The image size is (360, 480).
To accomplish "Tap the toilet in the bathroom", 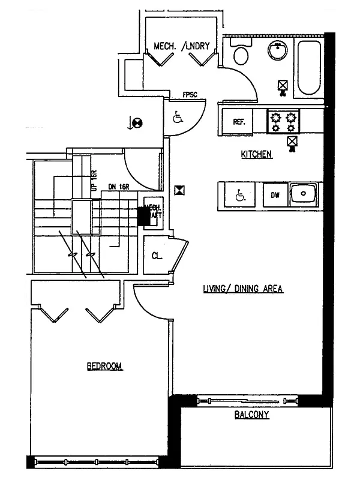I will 241,55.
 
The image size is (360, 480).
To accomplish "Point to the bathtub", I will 310,67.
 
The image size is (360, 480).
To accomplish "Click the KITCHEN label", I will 257,155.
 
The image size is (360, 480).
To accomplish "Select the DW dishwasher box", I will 275,195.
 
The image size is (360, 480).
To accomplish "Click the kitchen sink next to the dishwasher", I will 304,194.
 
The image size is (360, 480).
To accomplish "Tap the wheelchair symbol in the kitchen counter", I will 240,195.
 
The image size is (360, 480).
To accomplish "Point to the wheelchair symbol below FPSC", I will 178,117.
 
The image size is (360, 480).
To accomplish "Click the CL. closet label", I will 157,256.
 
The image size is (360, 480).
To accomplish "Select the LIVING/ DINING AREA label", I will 242,289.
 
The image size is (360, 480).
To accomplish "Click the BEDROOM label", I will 104,366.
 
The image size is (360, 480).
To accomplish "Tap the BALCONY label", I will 251,415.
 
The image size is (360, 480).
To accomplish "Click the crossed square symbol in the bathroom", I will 282,86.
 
